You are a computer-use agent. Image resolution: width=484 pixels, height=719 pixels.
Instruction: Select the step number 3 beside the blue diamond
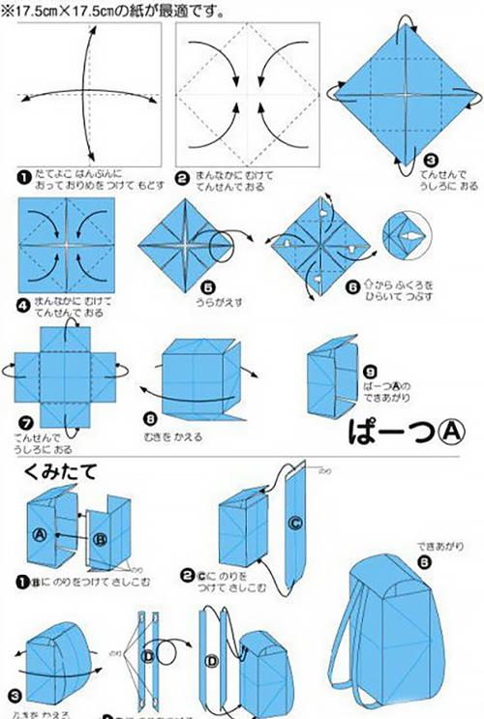(x=431, y=160)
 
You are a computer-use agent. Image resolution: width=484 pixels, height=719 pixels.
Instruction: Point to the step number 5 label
(x=201, y=287)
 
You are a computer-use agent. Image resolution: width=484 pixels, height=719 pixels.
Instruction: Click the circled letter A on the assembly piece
(x=40, y=532)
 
